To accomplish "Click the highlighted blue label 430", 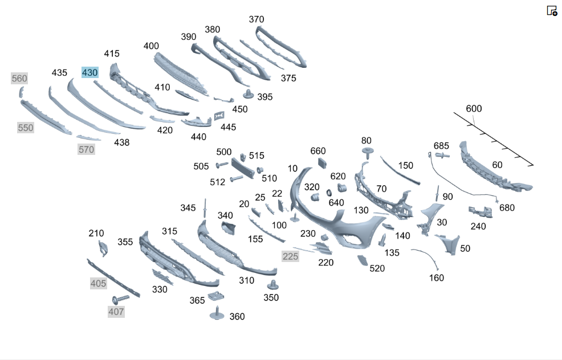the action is click(x=89, y=73).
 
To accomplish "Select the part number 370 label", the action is click(x=256, y=19).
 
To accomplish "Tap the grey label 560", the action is click(x=19, y=79).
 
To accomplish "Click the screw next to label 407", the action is click(x=121, y=299).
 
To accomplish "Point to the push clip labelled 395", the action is click(x=249, y=94).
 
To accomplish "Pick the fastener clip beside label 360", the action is click(x=217, y=313).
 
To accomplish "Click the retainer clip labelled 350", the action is click(x=273, y=285).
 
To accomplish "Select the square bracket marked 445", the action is click(x=219, y=116).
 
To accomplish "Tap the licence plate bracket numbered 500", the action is click(x=243, y=167).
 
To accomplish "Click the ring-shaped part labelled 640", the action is click(x=329, y=193).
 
